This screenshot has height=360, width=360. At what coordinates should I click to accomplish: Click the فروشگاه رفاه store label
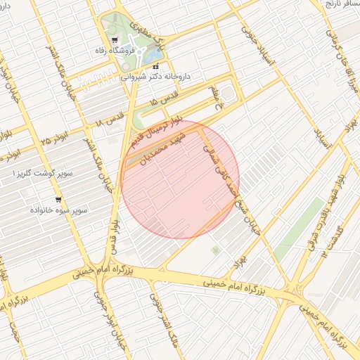[x=115, y=51]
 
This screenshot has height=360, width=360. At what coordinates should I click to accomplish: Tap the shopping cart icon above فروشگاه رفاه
[x=115, y=40]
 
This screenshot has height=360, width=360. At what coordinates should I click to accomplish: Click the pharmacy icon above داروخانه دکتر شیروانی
[x=155, y=66]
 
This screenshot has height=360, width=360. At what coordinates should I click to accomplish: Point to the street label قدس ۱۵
[x=164, y=101]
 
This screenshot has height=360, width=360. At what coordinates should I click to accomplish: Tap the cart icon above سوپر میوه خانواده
[x=58, y=199]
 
